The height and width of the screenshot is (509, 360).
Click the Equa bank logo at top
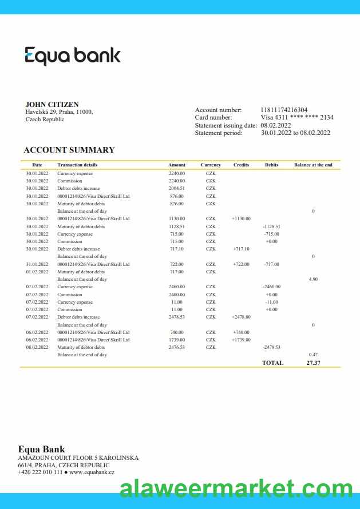[x=73, y=56]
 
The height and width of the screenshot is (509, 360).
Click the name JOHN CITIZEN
[x=52, y=105]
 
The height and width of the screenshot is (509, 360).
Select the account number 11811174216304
[x=284, y=110]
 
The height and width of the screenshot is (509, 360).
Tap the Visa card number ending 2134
[x=297, y=117]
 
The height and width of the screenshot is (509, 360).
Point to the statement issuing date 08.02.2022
[x=276, y=125]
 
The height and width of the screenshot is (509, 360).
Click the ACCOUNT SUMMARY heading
[x=69, y=150]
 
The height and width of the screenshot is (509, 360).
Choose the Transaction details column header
[x=77, y=165]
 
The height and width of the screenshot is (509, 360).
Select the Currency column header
[x=211, y=165]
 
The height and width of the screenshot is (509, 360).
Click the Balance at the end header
[x=313, y=165]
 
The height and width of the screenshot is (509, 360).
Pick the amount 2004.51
[x=177, y=188]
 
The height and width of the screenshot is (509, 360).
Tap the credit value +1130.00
[x=241, y=218]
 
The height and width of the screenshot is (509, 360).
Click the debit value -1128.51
[x=271, y=226]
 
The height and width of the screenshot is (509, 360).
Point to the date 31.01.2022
[x=37, y=264]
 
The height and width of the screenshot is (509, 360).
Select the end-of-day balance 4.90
[x=313, y=279]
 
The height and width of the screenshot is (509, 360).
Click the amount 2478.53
[x=177, y=317]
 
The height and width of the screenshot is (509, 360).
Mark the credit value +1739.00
[x=241, y=340]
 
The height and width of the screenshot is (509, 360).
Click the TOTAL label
[x=272, y=363]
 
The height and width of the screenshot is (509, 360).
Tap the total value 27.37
[x=313, y=363]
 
